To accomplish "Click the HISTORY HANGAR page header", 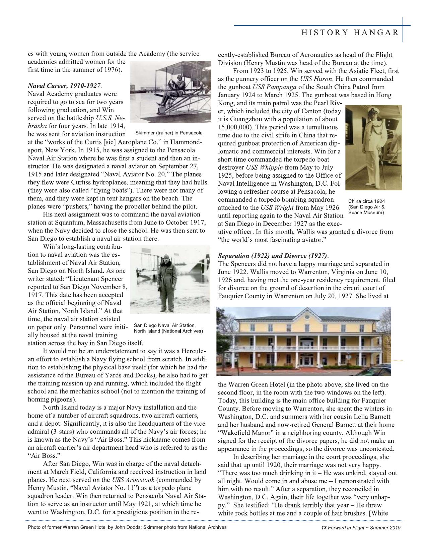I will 350,33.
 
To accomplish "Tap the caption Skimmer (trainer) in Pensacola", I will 169,133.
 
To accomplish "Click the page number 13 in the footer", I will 324,528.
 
